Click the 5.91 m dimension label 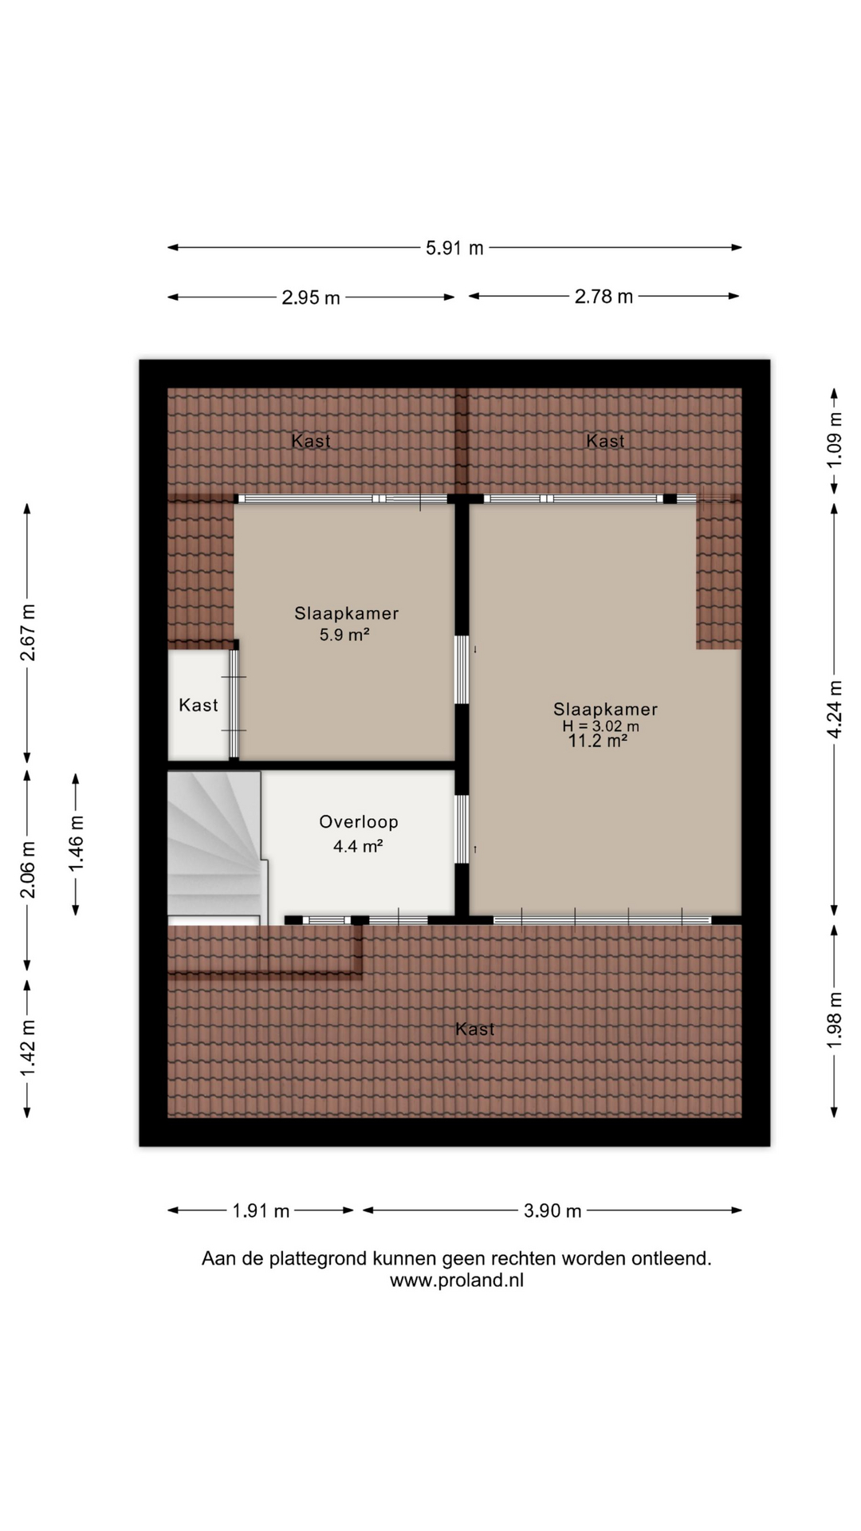tap(454, 248)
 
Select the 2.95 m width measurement tap(311, 297)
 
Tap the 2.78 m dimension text tap(603, 297)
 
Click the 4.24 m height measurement tap(834, 709)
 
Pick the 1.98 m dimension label tap(834, 1020)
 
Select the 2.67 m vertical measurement tap(27, 632)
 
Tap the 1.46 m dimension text tap(76, 844)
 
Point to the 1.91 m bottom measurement tap(261, 1210)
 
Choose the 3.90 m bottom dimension tap(552, 1210)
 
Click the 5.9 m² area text tap(344, 635)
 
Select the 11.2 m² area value tap(597, 741)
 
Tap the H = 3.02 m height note tap(600, 726)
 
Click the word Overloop tap(359, 822)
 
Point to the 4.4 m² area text tap(358, 847)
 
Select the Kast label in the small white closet tap(198, 705)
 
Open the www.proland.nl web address tap(457, 1281)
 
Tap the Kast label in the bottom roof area tap(475, 1029)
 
